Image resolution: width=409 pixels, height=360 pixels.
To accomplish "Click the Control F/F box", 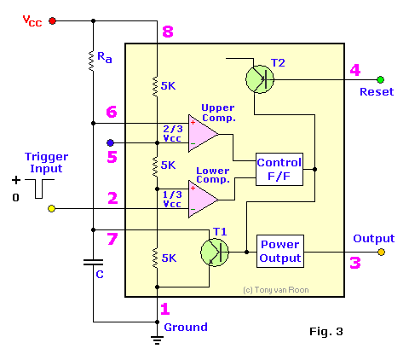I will click(279, 168).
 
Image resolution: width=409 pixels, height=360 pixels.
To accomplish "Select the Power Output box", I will click(279, 252).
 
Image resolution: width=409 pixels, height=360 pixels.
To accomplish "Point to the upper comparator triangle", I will click(204, 132).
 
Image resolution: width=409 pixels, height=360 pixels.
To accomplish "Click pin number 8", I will click(167, 32).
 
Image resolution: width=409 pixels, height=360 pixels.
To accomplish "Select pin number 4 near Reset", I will click(354, 70).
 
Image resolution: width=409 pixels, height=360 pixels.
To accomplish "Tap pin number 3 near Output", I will click(354, 263).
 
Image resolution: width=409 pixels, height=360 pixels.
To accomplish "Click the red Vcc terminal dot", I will click(54, 20).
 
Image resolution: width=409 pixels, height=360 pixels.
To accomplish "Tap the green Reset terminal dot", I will click(380, 78).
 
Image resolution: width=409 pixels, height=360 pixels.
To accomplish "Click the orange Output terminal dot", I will click(381, 252).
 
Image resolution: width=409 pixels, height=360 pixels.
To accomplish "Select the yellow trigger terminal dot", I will click(52, 209).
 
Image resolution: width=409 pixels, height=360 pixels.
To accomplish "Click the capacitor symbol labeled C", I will click(93, 264).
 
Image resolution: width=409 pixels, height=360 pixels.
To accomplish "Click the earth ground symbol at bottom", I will click(157, 339).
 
